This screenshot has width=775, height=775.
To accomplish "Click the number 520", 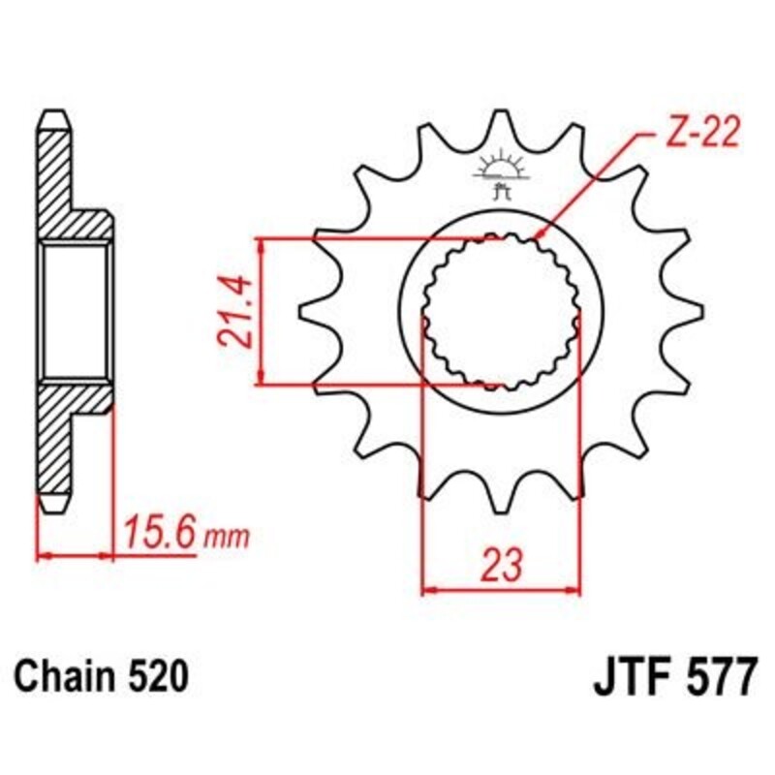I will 156,675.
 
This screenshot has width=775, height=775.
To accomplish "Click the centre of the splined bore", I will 501,311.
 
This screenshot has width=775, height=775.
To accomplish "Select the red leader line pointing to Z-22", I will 591,183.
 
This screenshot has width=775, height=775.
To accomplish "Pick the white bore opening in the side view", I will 75,310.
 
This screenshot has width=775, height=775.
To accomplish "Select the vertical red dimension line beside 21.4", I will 260,310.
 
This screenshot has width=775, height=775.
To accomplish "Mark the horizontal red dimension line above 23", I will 501,587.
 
